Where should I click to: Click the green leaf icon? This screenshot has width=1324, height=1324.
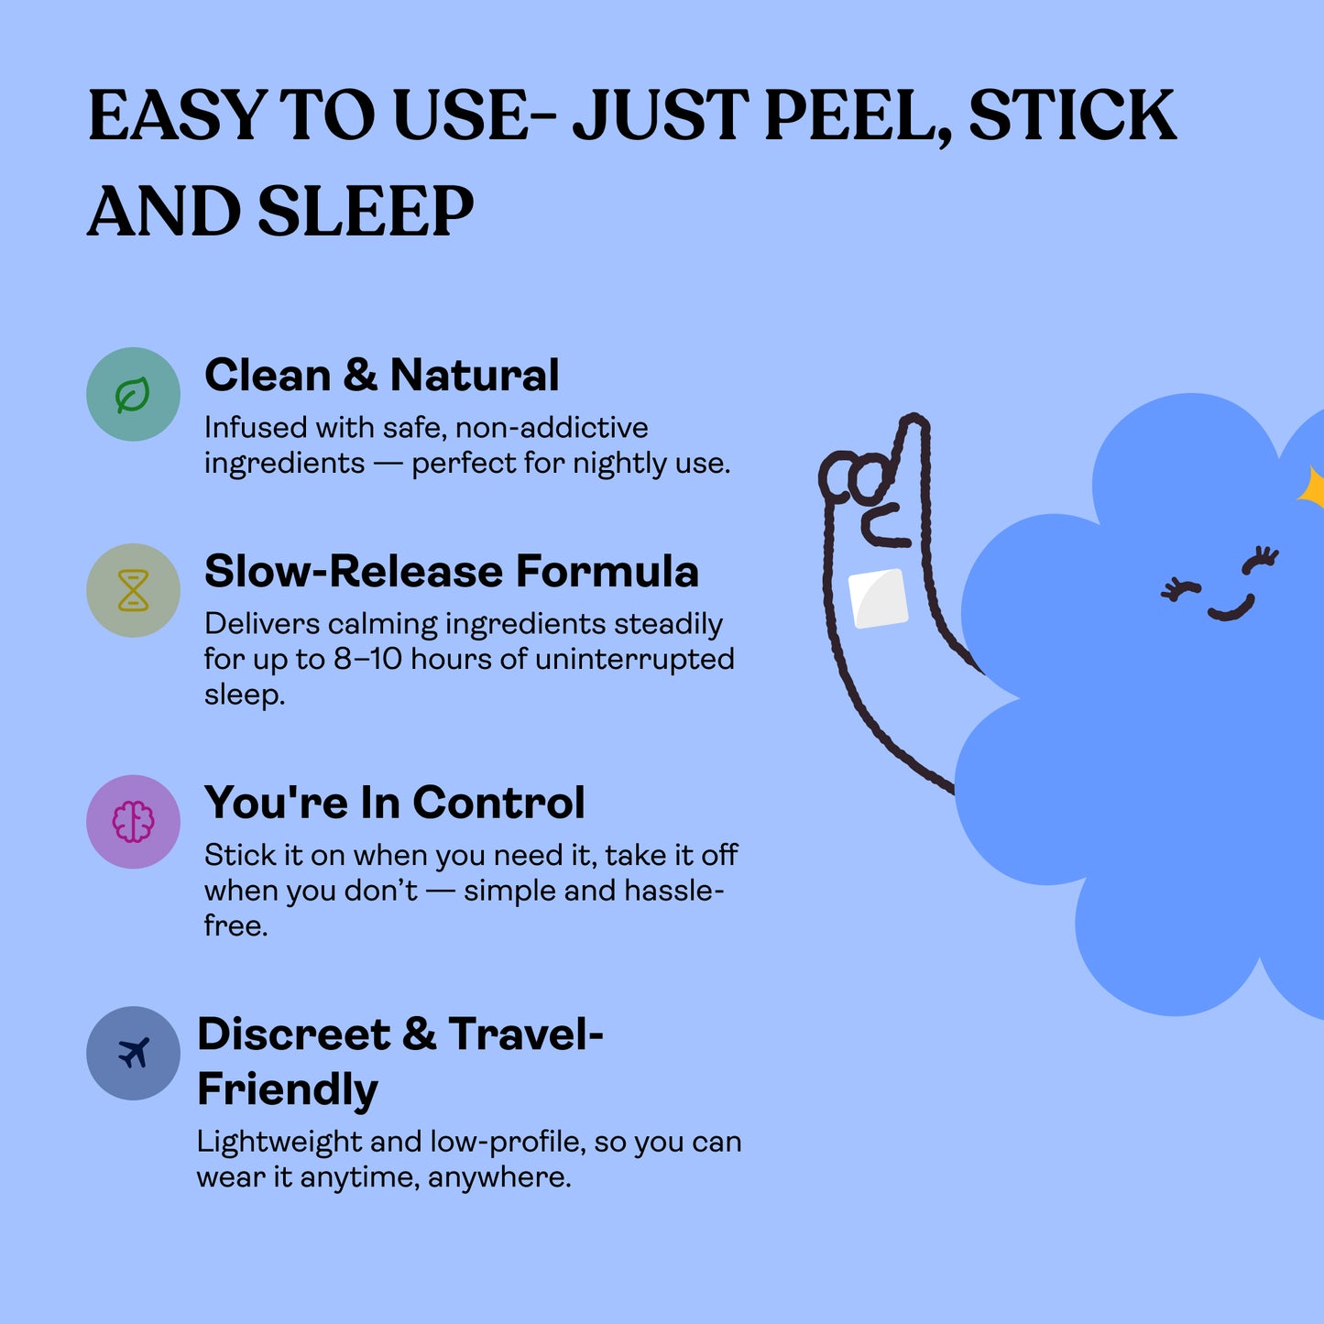click(x=133, y=395)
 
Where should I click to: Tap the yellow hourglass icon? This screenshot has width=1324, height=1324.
click(x=133, y=591)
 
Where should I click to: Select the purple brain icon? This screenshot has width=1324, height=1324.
click(x=133, y=822)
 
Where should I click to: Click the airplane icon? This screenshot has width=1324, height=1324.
click(x=134, y=1053)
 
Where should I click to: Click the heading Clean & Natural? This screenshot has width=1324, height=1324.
click(x=381, y=375)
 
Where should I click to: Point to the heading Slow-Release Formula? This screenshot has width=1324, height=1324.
click(x=451, y=571)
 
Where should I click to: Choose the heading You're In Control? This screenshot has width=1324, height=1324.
click(x=394, y=803)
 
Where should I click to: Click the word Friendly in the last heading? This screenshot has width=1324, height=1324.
click(x=288, y=1089)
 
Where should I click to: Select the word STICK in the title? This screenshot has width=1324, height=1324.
click(x=1071, y=115)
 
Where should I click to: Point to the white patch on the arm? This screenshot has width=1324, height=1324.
click(x=878, y=598)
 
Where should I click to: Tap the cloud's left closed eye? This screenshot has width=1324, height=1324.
click(x=1179, y=589)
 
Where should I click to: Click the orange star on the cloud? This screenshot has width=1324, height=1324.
click(x=1313, y=488)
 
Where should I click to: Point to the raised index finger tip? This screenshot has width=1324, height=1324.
click(x=913, y=425)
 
